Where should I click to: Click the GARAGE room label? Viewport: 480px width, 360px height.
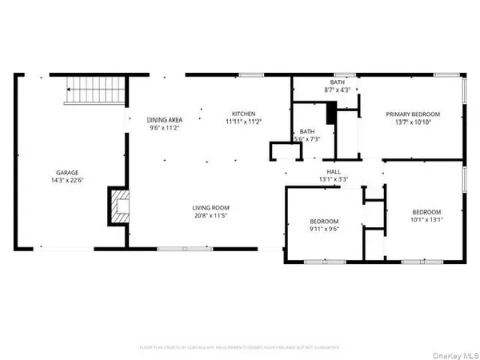pyautogui.click(x=66, y=172)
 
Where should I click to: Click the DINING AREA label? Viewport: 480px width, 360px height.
pyautogui.click(x=166, y=119)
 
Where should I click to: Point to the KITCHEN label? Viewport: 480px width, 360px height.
pyautogui.click(x=243, y=113)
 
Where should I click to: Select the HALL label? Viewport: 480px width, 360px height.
pyautogui.click(x=334, y=171)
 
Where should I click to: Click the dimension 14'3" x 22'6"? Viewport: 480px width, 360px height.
pyautogui.click(x=66, y=180)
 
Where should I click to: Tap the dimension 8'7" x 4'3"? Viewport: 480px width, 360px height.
pyautogui.click(x=338, y=90)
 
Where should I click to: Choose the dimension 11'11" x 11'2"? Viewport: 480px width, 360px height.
pyautogui.click(x=243, y=121)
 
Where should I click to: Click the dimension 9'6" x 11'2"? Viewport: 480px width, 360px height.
pyautogui.click(x=166, y=127)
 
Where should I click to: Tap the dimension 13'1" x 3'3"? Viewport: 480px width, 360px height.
pyautogui.click(x=334, y=179)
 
